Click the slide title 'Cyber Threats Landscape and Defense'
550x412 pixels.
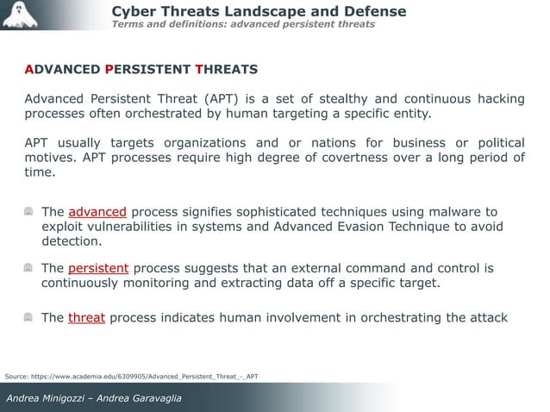(x=259, y=11)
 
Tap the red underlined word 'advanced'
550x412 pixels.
(x=97, y=211)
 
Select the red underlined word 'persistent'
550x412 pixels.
(x=98, y=268)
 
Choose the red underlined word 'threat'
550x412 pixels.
(x=86, y=317)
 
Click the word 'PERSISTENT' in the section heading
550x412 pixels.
(x=148, y=68)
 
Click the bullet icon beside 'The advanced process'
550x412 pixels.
(x=29, y=211)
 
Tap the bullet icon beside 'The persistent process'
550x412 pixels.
(x=29, y=268)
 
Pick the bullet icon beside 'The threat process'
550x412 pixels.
(x=29, y=317)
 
